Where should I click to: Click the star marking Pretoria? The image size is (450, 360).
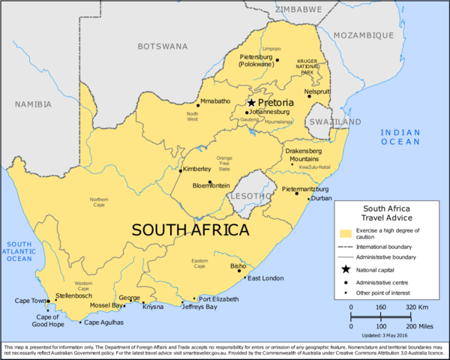pyautogui.click(x=251, y=102)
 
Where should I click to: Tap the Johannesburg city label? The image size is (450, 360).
pyautogui.click(x=274, y=113)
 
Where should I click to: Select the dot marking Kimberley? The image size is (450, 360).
pyautogui.click(x=181, y=170)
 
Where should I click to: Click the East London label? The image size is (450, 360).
pyautogui.click(x=266, y=278)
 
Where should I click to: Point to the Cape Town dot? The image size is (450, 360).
pyautogui.click(x=47, y=301)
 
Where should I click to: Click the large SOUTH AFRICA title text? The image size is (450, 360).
pyautogui.click(x=190, y=229)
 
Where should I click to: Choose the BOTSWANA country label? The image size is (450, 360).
pyautogui.click(x=162, y=46)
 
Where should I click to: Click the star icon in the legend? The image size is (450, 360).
pyautogui.click(x=346, y=269)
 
